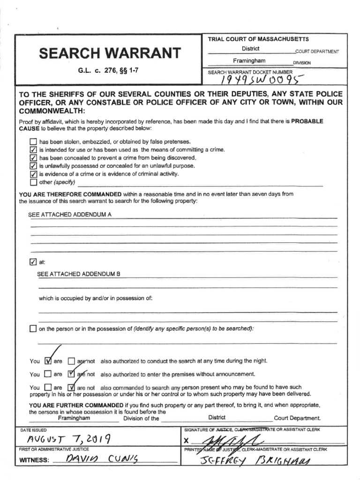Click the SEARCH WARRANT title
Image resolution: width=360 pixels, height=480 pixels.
pyautogui.click(x=109, y=53)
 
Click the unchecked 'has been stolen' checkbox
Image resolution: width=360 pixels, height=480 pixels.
pyautogui.click(x=33, y=142)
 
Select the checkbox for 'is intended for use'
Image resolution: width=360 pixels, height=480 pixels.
pyautogui.click(x=33, y=150)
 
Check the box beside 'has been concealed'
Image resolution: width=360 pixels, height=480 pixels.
pyautogui.click(x=33, y=157)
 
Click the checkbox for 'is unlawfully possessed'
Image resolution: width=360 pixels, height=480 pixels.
pyautogui.click(x=33, y=165)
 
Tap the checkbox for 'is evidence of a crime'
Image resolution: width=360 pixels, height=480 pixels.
pyautogui.click(x=33, y=174)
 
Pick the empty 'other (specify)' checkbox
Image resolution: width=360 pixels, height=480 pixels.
pyautogui.click(x=33, y=182)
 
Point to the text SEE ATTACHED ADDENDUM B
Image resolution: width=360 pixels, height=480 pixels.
pyautogui.click(x=79, y=274)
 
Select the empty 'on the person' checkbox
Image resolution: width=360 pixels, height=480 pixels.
pyautogui.click(x=33, y=329)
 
